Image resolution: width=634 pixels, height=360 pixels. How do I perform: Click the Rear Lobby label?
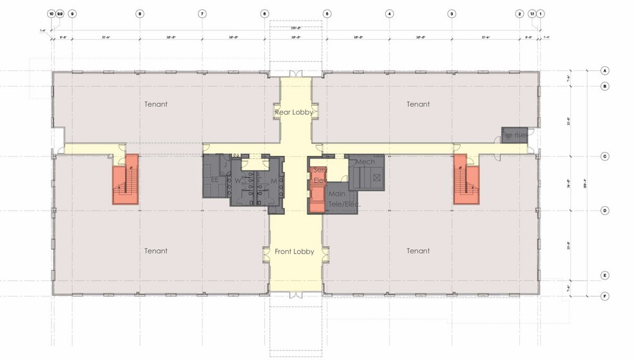(294, 112)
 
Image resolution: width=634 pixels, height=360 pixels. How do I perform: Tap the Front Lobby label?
(294, 251)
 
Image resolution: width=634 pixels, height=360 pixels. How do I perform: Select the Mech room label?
(365, 162)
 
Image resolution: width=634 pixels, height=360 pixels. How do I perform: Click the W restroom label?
(238, 181)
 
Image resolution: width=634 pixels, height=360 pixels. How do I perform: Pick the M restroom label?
(273, 181)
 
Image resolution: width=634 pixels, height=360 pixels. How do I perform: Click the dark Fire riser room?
(515, 135)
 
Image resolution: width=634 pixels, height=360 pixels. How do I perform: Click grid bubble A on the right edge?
(605, 70)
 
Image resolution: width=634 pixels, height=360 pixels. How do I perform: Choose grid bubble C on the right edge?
(605, 156)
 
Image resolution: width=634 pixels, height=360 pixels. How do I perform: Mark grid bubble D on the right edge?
(605, 211)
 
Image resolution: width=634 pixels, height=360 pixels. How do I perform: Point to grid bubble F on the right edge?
(605, 296)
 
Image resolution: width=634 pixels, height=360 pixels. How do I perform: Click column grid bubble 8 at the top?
(140, 14)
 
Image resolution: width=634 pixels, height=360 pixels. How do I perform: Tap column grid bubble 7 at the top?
(202, 14)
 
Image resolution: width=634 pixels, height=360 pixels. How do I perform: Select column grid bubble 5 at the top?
(327, 14)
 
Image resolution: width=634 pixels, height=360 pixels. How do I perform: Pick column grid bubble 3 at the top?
(452, 14)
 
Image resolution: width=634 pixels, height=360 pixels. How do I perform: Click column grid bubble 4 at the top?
(389, 14)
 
